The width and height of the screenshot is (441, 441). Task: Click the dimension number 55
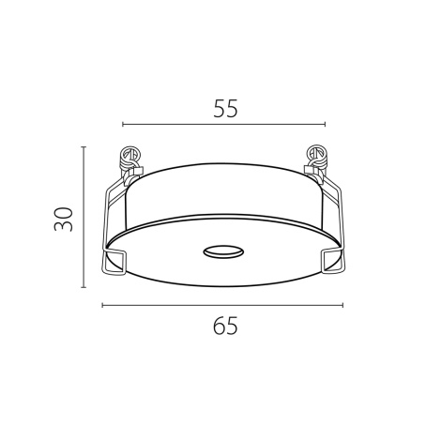tap(225, 109)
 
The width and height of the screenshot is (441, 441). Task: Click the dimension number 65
tap(225, 326)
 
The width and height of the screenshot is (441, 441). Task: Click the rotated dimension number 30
tap(64, 219)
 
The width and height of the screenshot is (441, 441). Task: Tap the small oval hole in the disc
tap(224, 251)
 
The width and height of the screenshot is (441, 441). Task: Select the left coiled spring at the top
tap(130, 160)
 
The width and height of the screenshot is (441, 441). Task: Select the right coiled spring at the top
tap(316, 160)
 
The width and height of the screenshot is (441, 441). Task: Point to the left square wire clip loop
tap(114, 261)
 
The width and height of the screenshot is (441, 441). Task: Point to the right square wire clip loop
tap(333, 261)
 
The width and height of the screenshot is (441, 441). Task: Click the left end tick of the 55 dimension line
tap(123, 125)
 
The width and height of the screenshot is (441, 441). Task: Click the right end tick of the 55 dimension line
tap(326, 125)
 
